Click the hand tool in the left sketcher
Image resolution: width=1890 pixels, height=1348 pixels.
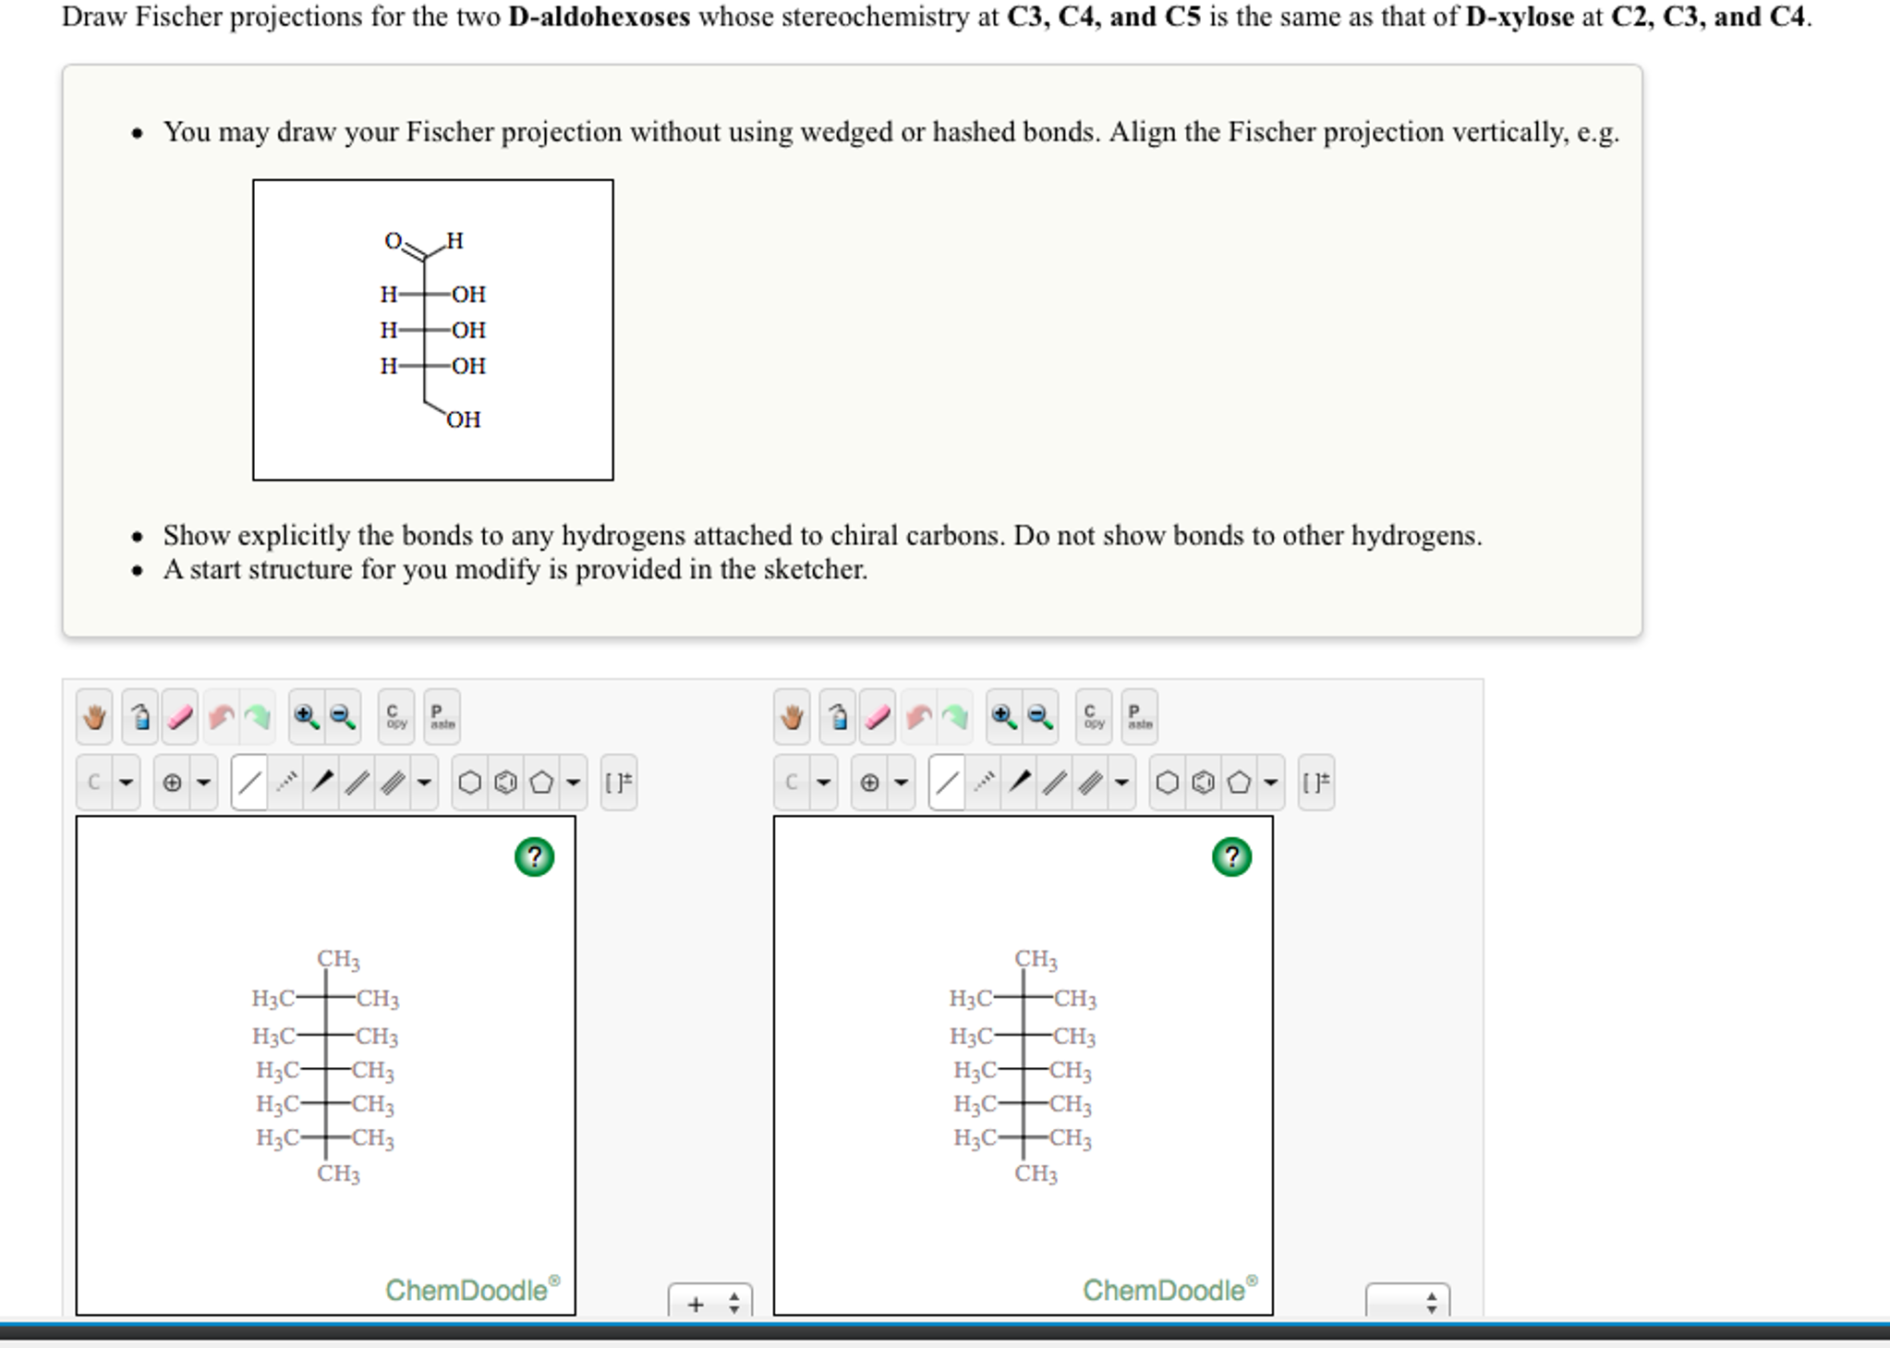tap(94, 717)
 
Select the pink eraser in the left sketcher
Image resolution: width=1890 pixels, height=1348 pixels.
tap(180, 717)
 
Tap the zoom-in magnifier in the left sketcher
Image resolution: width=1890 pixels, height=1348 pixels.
tap(306, 717)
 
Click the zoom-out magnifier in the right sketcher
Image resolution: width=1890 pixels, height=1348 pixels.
tap(1040, 717)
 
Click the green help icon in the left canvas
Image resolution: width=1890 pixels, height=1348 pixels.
tap(534, 856)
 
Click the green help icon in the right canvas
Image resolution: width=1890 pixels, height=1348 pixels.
tap(1231, 856)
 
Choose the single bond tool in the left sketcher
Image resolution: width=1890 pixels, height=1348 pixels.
tap(249, 783)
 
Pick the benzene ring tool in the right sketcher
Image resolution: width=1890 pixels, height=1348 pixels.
tap(1203, 783)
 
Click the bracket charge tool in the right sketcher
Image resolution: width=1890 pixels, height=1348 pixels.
tap(1315, 783)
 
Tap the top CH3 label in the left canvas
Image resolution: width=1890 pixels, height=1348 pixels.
tap(338, 959)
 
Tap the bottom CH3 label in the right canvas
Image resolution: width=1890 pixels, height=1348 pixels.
tap(1036, 1173)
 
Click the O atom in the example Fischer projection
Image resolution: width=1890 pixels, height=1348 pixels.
tap(393, 241)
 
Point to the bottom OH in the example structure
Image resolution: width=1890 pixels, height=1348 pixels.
tap(464, 420)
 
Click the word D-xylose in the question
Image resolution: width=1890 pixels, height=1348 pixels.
tap(1519, 17)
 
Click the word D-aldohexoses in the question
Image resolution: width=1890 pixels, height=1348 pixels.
tap(599, 17)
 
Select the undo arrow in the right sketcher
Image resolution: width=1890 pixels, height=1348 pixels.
tap(918, 717)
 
